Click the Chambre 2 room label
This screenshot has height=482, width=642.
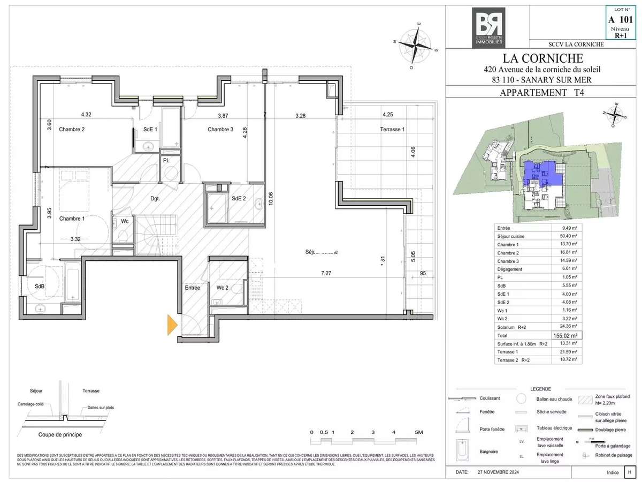point(72,129)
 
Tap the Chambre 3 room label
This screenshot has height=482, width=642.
point(220,129)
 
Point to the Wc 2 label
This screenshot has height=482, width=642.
point(223,288)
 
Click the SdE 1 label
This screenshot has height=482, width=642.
point(150,129)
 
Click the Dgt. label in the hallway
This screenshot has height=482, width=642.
point(156,199)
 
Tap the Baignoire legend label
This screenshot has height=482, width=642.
point(488,451)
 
